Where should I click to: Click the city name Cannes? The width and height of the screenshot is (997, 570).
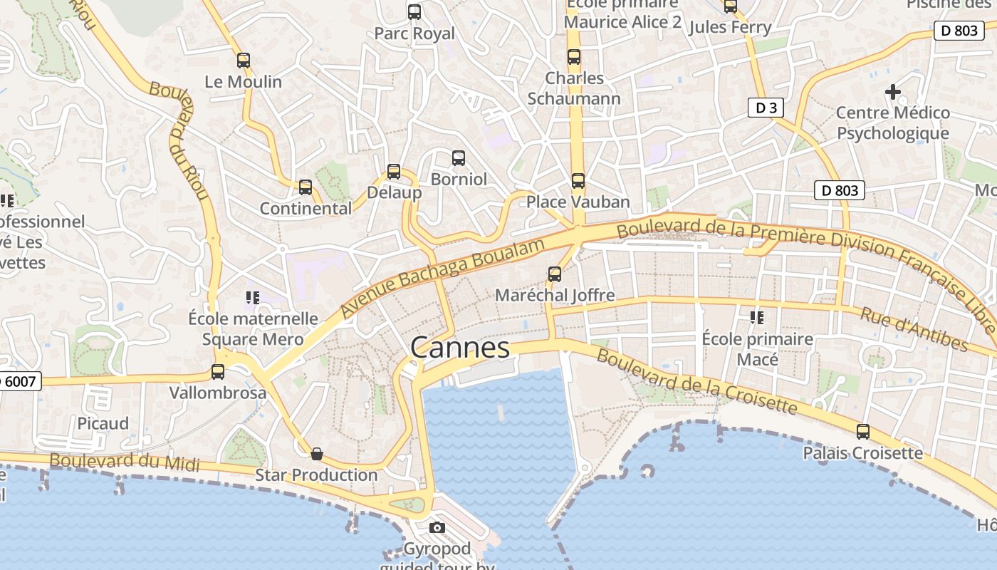[460, 348]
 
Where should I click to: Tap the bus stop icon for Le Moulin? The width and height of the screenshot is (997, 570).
[244, 61]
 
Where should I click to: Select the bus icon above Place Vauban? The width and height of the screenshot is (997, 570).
[578, 181]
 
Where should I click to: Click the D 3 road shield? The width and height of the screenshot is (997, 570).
[766, 108]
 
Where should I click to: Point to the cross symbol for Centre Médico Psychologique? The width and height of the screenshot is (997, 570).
[892, 92]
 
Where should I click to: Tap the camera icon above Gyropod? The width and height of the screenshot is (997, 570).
[437, 528]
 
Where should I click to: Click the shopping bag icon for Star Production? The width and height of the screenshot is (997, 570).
[317, 454]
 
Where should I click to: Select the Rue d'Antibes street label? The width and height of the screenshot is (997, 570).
[914, 329]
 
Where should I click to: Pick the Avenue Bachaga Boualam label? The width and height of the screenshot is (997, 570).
[442, 278]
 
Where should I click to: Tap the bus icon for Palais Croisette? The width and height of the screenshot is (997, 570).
[862, 431]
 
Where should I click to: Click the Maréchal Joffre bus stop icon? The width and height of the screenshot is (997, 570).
[554, 274]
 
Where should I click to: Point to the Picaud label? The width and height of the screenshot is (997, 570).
[103, 423]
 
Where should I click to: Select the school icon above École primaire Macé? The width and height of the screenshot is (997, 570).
[756, 317]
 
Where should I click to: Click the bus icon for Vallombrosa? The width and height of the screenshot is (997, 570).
[218, 371]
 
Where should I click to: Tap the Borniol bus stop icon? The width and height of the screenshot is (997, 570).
[459, 157]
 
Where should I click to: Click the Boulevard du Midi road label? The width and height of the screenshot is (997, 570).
[125, 462]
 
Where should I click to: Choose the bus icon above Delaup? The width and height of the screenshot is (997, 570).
[394, 172]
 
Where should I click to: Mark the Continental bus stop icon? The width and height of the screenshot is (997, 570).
[306, 187]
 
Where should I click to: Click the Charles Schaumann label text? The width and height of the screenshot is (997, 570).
[574, 88]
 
